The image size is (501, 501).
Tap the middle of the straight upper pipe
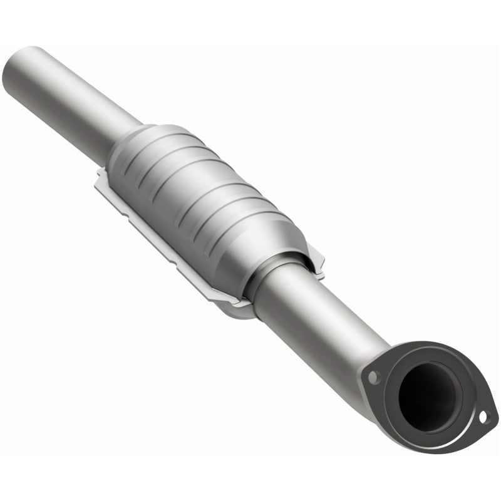coord(75,94)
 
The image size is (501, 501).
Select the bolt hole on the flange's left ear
coord(374,378)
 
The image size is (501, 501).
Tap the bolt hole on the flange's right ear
coord(483,416)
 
